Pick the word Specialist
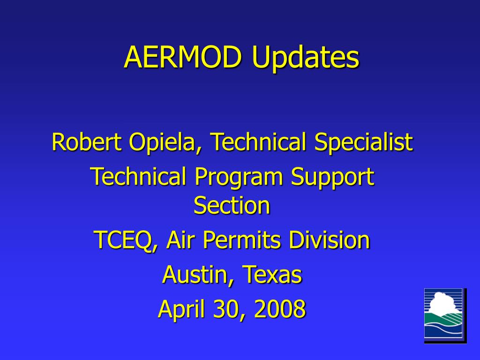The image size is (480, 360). coord(363,142)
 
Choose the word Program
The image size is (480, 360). coord(240,178)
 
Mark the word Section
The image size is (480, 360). coord(232,205)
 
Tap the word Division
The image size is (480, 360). coord(329,240)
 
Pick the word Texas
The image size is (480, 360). coord(272,275)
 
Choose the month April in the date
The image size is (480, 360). coord(181,310)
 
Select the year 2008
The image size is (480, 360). coord(280,309)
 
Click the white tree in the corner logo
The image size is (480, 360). coord(442,305)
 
